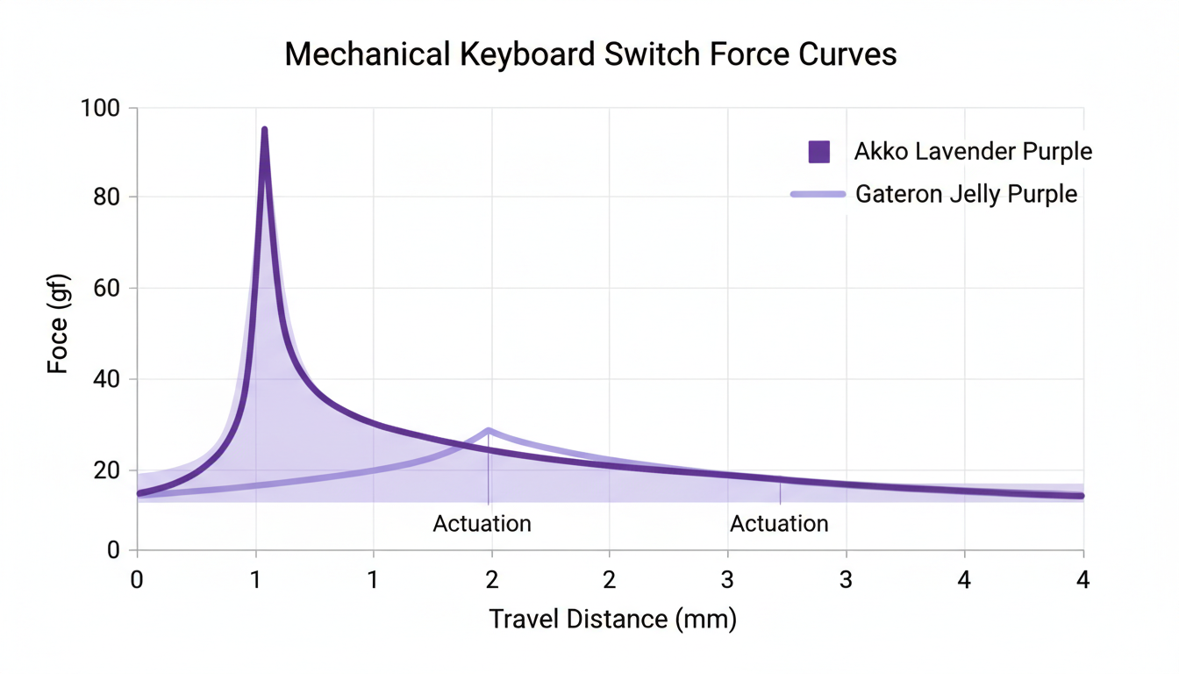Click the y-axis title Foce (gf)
pyautogui.click(x=58, y=324)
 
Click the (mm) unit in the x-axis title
pyautogui.click(x=707, y=619)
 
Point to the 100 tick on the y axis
pyautogui.click(x=104, y=108)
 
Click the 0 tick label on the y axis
pyautogui.click(x=114, y=550)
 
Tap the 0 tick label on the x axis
pyautogui.click(x=137, y=580)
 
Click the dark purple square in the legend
pyautogui.click(x=818, y=152)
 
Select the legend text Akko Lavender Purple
pyautogui.click(x=973, y=152)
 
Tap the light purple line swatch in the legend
pyautogui.click(x=818, y=194)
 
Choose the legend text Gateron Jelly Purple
pyautogui.click(x=966, y=194)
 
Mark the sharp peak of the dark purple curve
pyautogui.click(x=264, y=131)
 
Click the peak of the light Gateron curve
pyautogui.click(x=489, y=430)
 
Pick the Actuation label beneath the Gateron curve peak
pyautogui.click(x=482, y=524)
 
